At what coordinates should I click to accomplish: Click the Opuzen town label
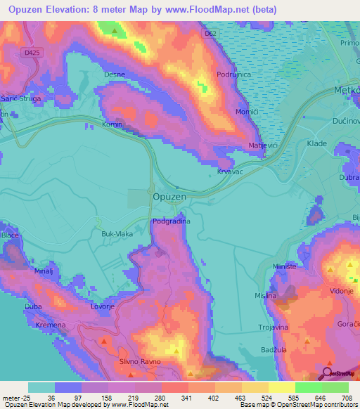pos(169,197)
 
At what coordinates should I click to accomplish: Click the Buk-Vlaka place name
pos(117,233)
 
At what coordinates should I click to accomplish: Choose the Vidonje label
pos(340,290)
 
